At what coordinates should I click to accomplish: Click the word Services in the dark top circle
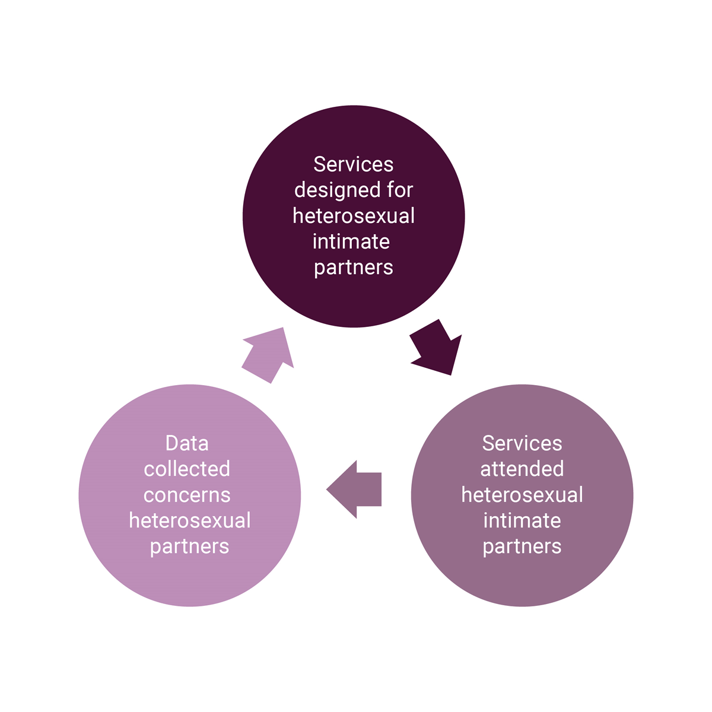point(353,164)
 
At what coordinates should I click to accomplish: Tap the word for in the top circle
point(401,190)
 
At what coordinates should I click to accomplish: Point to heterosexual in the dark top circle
point(354,215)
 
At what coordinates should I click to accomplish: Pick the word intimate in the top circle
point(351,241)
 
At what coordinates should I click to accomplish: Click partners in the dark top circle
point(354,268)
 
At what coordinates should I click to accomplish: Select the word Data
point(187,443)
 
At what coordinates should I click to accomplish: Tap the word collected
point(187,469)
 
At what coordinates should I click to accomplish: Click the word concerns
point(187,495)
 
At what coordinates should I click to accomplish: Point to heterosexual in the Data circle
point(190,520)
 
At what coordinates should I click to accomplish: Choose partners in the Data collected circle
point(189,546)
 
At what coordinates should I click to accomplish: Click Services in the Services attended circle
point(522,443)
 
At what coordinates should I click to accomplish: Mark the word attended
point(522,469)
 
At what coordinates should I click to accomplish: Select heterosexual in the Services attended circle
point(522,495)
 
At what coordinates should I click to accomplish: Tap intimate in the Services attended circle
point(522,520)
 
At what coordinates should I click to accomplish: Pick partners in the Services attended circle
point(522,546)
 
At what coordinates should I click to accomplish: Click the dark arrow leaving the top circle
point(438,349)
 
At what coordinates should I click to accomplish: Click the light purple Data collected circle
point(190,581)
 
